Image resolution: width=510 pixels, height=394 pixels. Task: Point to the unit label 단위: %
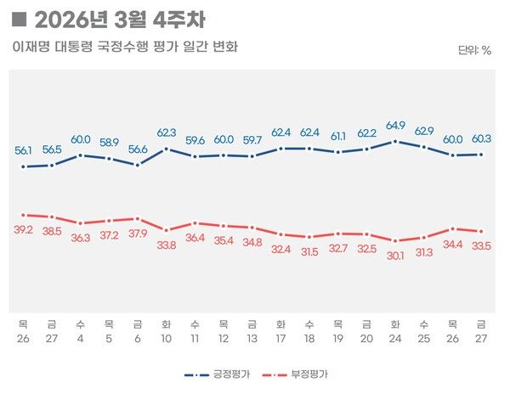point(474,50)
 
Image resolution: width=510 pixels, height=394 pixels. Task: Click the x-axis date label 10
point(167,339)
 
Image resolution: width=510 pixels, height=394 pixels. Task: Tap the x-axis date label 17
point(280,339)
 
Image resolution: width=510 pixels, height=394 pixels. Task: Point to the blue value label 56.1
point(24,150)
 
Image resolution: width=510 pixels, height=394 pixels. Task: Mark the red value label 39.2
point(24,229)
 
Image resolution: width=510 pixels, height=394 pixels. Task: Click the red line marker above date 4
point(81,223)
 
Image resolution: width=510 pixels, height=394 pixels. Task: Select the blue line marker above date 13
point(252,156)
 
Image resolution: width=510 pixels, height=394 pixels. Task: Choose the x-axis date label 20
point(366,339)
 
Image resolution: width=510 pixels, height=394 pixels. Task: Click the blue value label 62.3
point(167,132)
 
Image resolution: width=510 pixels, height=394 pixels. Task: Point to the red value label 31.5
point(309,251)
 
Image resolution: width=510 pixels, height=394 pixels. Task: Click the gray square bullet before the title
point(20,20)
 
